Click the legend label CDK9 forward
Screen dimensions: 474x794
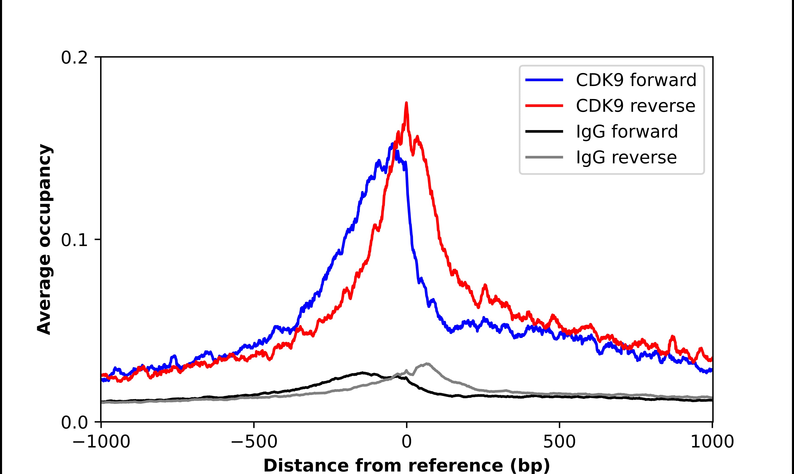pyautogui.click(x=636, y=80)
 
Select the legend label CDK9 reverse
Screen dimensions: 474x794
pyautogui.click(x=635, y=106)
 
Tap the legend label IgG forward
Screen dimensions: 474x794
pyautogui.click(x=627, y=132)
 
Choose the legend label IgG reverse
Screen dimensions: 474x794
pyautogui.click(x=626, y=158)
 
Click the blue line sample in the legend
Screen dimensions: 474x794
pyautogui.click(x=544, y=80)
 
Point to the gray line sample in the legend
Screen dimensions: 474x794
pyautogui.click(x=544, y=158)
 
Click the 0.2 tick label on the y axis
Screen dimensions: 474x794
pyautogui.click(x=74, y=58)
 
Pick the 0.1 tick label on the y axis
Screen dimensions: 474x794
pyautogui.click(x=74, y=240)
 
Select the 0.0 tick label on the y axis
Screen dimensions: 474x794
pyautogui.click(x=74, y=422)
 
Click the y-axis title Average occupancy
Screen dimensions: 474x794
pyautogui.click(x=44, y=240)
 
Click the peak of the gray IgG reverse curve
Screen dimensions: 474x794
pyautogui.click(x=427, y=363)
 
